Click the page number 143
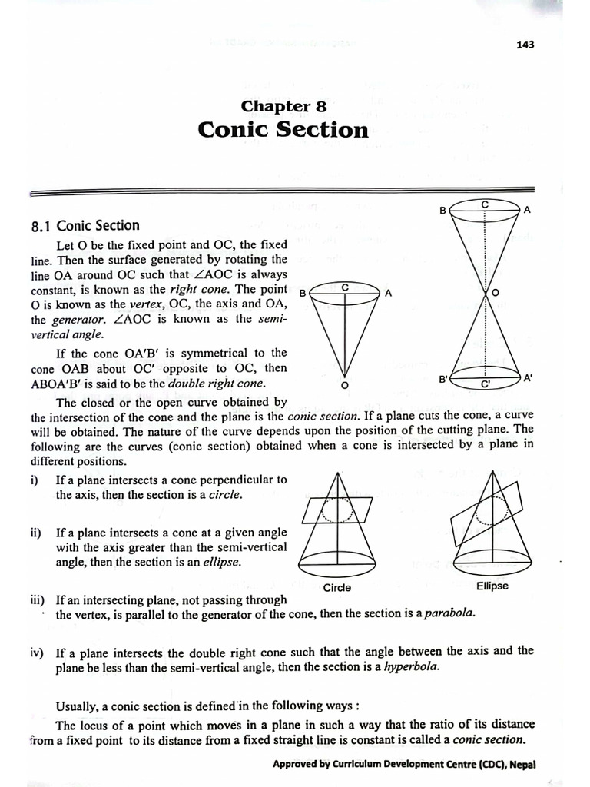click(525, 44)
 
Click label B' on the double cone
click(443, 379)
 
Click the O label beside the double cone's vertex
click(495, 293)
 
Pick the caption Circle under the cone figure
click(337, 588)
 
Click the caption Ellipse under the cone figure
click(492, 586)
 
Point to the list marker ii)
click(36, 533)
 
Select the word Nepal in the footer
click(517, 765)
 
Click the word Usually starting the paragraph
click(79, 706)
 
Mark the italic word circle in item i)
click(225, 495)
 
